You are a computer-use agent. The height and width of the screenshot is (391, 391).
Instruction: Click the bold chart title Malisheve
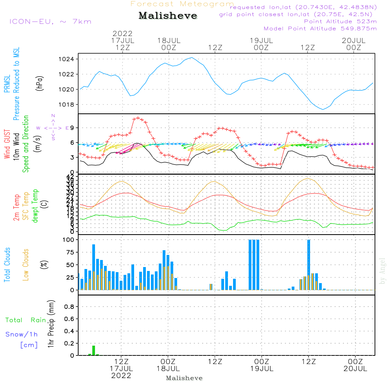(168, 16)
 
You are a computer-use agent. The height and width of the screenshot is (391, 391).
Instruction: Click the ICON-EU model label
(50, 22)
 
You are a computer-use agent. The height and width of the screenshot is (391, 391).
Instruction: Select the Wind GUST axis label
(7, 145)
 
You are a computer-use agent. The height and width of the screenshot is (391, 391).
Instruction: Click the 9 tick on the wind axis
(72, 128)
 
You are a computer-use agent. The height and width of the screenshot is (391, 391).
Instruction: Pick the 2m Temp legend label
(16, 208)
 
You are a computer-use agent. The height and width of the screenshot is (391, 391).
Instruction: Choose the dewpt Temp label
(35, 206)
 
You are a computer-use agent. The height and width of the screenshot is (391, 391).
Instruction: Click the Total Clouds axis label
(7, 265)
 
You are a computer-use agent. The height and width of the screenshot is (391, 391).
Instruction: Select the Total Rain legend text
(25, 320)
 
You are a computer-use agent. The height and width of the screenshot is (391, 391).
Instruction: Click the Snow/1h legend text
(22, 334)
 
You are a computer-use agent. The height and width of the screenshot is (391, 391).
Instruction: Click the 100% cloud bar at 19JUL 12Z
(308, 264)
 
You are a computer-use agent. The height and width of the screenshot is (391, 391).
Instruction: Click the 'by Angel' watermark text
(382, 271)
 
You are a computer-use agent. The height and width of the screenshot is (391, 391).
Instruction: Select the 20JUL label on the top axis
(353, 40)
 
